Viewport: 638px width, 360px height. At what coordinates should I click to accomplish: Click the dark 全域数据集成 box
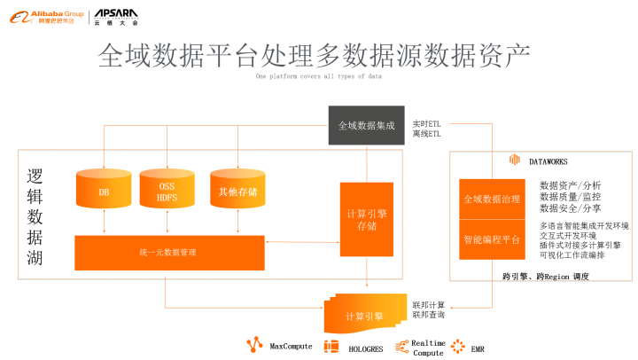click(366, 126)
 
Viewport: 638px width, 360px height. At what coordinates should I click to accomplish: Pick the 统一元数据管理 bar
click(169, 253)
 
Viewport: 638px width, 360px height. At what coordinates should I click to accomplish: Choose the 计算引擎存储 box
click(366, 219)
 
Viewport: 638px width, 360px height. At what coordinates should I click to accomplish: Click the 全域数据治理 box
click(492, 200)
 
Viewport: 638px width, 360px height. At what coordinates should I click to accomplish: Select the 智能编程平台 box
click(492, 239)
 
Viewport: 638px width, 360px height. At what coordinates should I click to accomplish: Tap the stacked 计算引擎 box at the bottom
click(364, 316)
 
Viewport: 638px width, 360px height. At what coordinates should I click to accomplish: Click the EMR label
click(478, 347)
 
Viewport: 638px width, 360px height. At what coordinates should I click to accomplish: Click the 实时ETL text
click(427, 122)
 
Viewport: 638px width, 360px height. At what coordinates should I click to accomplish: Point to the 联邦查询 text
click(429, 316)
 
